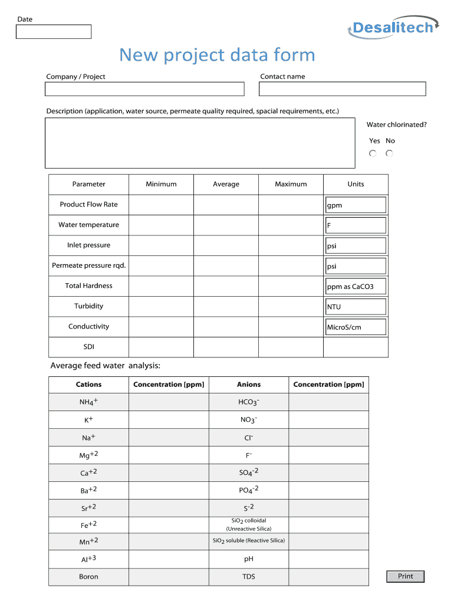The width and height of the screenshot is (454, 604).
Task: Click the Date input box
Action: [54, 32]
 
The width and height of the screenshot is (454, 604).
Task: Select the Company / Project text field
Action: [144, 89]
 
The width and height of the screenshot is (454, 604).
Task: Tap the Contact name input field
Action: [342, 89]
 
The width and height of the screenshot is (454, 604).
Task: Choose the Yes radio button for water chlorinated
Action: [373, 153]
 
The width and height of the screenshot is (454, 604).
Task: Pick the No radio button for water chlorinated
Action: [389, 153]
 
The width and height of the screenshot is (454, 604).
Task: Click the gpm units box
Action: [356, 205]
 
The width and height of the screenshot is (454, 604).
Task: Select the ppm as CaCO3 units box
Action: [356, 287]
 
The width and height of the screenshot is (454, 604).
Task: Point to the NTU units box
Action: [356, 307]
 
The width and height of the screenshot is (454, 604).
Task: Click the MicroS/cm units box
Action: [356, 327]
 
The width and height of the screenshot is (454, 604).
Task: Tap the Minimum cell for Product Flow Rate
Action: [161, 205]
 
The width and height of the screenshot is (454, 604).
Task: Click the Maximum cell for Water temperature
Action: [291, 225]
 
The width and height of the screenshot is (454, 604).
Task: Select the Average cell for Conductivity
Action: [226, 327]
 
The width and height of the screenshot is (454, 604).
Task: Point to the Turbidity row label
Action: [88, 306]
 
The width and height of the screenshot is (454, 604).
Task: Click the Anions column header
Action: [249, 385]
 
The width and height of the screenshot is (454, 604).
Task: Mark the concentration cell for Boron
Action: [169, 577]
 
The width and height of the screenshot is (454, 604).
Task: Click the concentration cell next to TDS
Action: [328, 577]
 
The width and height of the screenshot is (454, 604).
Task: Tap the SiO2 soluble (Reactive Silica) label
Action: [249, 541]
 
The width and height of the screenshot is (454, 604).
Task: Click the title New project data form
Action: [217, 55]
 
